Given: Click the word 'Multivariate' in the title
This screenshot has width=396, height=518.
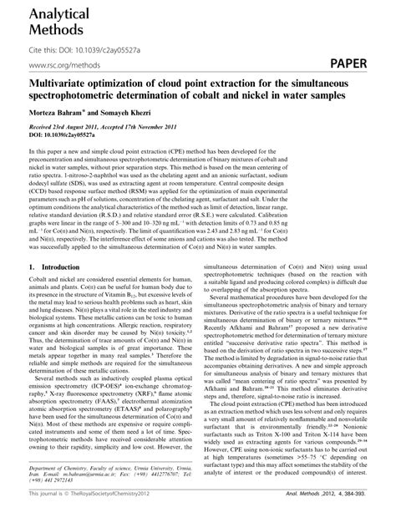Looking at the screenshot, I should pos(62,84).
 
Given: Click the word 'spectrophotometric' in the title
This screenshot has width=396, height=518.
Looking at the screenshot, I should pos(80,95).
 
